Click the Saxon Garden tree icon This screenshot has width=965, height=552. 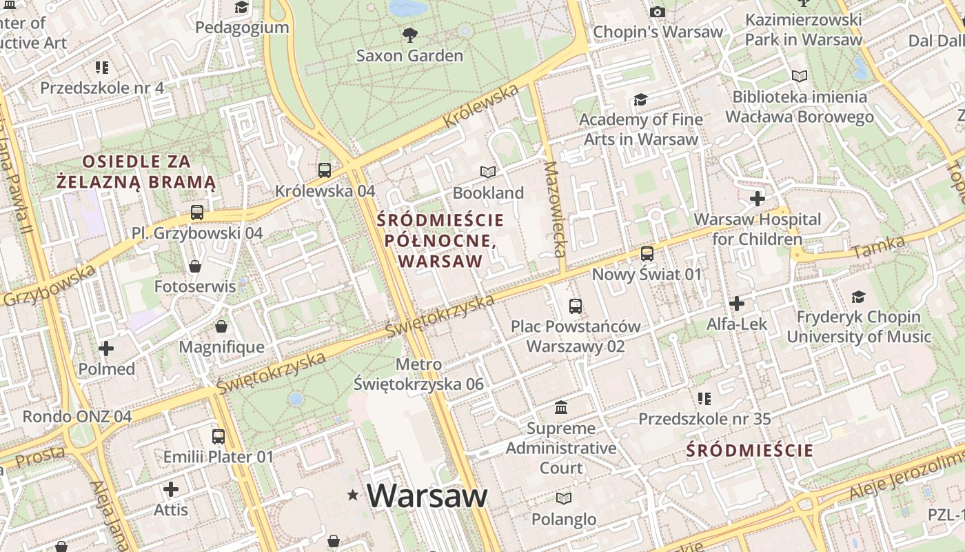coord(410,34)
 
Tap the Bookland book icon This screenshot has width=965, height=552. coord(488,172)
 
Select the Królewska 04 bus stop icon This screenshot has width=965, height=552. coord(325,170)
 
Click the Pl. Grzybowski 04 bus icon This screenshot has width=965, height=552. coord(197,213)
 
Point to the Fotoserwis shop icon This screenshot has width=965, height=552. coord(195,266)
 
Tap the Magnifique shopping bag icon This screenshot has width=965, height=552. coord(221,326)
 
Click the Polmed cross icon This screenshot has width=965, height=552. coord(106,348)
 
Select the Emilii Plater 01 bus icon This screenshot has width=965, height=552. coord(219,436)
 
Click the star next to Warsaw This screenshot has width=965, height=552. coord(354,495)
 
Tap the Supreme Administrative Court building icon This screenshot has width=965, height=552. coord(561,408)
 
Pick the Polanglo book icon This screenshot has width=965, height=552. coord(564,498)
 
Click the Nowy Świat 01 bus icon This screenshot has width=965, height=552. coord(647,254)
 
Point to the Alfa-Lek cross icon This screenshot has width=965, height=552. coord(737,303)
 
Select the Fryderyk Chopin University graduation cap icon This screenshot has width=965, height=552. coord(858,297)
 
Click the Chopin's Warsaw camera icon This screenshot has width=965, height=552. coord(658,12)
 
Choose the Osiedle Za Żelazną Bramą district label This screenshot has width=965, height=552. coord(136,172)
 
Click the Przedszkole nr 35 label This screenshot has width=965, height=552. coord(704,419)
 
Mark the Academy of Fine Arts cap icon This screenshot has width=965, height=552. coord(640,99)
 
